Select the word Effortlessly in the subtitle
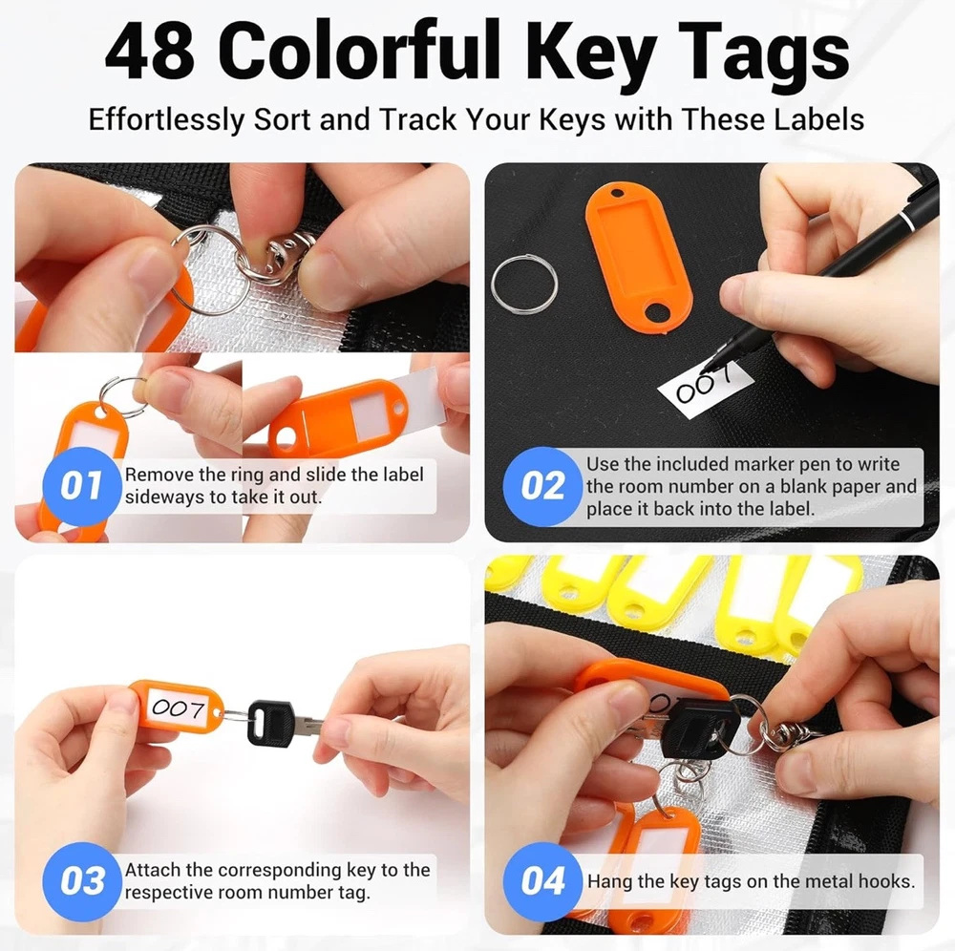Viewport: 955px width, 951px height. [x=165, y=120]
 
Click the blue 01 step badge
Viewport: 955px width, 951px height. [x=81, y=486]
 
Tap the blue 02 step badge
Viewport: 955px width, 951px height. [x=542, y=486]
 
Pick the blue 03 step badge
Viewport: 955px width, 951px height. [x=81, y=881]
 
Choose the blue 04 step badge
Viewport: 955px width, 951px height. [x=542, y=881]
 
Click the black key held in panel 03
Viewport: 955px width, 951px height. [x=271, y=723]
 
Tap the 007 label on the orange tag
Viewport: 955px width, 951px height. [x=179, y=708]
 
